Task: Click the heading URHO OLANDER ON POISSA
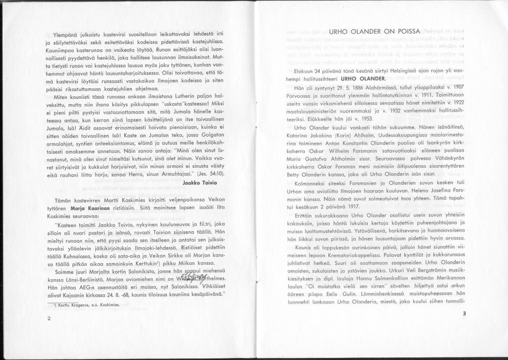(374, 32)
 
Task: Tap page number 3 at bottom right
(464, 314)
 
